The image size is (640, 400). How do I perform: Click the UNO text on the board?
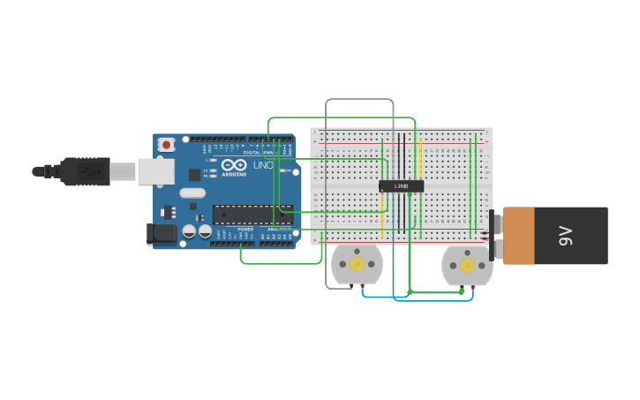(263, 165)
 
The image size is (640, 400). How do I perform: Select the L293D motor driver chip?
(401, 186)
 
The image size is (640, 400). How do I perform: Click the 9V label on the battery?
(566, 236)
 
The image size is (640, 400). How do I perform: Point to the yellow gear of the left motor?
(357, 263)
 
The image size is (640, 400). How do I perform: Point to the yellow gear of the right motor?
(467, 264)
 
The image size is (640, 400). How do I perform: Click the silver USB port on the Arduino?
(155, 171)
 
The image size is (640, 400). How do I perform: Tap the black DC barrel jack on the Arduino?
(162, 234)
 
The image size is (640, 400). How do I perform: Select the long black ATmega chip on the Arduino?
(252, 215)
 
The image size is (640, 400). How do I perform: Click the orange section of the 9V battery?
(519, 236)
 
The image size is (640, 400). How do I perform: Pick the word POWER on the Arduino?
(245, 230)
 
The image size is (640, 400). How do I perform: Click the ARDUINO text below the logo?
(234, 174)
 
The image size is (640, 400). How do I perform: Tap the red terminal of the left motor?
(362, 287)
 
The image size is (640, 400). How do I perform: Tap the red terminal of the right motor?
(472, 287)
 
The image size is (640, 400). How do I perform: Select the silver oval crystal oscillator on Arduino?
(192, 192)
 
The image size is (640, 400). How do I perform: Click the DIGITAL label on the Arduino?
(252, 152)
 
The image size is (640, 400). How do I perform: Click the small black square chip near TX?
(194, 175)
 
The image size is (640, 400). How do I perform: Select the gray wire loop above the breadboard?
(359, 100)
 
